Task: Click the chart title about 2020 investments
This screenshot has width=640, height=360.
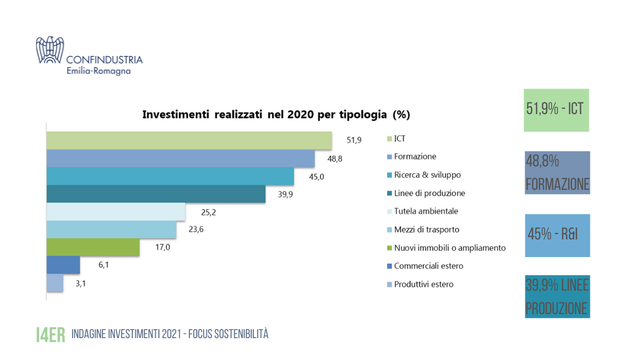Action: [x=276, y=115]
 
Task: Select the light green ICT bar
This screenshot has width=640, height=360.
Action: [x=189, y=140]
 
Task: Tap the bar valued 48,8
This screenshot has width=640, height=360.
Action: [x=180, y=158]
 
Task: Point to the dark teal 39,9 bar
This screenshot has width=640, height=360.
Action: [x=156, y=194]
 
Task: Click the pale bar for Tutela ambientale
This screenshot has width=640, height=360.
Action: [x=116, y=212]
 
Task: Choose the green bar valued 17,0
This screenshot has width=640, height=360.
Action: [x=93, y=247]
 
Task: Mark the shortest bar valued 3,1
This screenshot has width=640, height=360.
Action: [x=55, y=283]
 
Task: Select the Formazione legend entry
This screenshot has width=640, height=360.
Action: [x=414, y=156]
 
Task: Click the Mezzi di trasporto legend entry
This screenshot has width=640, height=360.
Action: [x=426, y=229]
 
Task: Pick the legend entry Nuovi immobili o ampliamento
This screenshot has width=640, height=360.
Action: [x=449, y=247]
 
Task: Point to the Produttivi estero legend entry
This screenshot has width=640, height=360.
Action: [x=423, y=284]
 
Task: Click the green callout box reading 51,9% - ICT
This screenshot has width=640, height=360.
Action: [x=556, y=110]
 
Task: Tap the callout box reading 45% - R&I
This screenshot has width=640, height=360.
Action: [x=557, y=235]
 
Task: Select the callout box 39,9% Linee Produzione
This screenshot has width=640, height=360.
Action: [x=557, y=297]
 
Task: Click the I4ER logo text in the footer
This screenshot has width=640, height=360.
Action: [x=50, y=334]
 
